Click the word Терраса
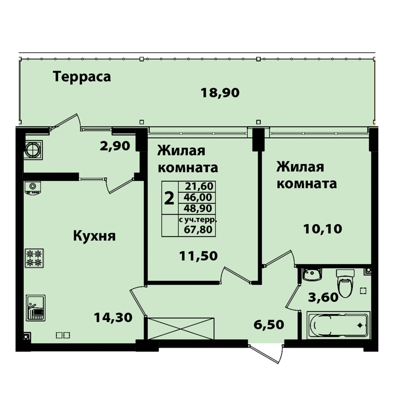82,77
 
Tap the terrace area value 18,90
220,93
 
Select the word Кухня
94,236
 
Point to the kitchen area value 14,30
113,317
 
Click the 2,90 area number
115,146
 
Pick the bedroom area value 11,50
198,256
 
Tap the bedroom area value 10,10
323,229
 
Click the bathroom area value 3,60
323,297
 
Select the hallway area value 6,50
269,324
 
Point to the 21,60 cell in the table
199,186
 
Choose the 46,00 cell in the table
198,197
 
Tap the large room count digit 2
169,198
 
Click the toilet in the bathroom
345,283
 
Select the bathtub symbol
338,325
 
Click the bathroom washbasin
311,274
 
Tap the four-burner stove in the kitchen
35,258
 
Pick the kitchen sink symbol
36,308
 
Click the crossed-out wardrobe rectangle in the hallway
181,329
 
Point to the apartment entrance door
266,354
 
